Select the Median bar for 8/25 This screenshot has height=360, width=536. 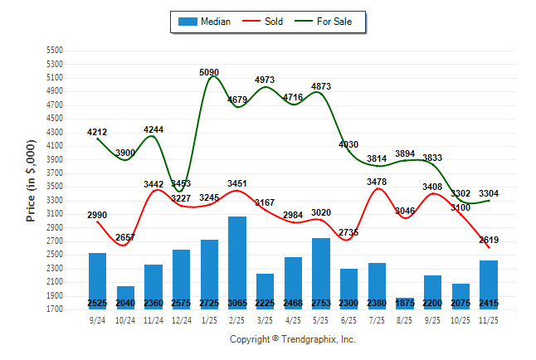coord(405,303)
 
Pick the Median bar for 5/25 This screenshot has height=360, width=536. coord(321,273)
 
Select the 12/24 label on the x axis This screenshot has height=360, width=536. coord(181,319)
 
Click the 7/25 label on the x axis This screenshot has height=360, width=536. coord(378,319)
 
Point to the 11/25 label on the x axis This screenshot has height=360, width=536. coord(490,319)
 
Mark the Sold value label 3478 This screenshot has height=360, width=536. coord(378,182)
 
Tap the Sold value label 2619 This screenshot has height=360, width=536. coord(489,241)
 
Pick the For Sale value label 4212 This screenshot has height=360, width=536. coord(97,132)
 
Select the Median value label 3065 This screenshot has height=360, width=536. coord(237,303)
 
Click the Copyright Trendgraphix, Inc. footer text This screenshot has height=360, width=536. coord(292,340)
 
